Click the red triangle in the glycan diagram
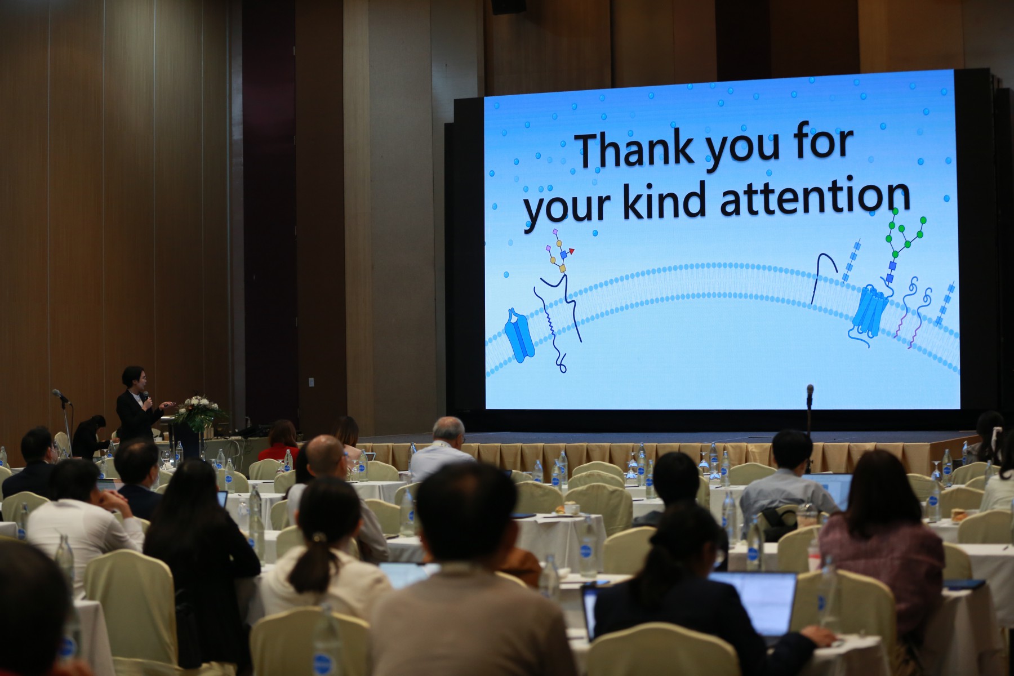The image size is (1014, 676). coord(571,251)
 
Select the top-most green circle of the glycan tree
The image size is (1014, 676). coord(896,210)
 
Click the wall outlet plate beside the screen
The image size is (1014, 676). coord(311,381)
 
